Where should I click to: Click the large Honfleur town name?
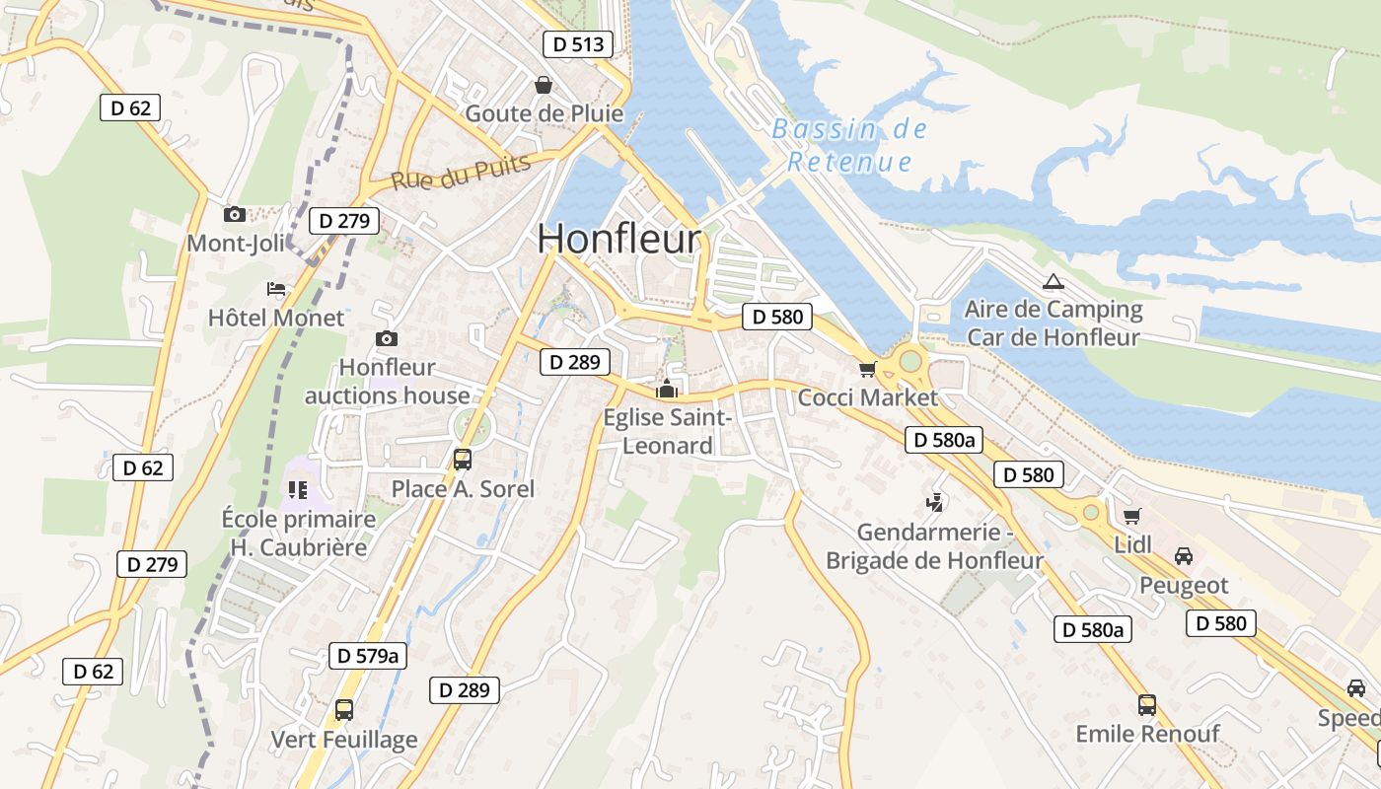(x=619, y=240)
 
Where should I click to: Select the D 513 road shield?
(x=578, y=44)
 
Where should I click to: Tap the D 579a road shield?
(x=367, y=656)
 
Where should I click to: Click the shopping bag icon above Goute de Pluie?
(x=543, y=86)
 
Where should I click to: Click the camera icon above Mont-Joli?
(x=234, y=214)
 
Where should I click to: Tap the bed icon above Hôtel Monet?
(x=276, y=289)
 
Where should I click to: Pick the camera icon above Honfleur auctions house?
(x=387, y=338)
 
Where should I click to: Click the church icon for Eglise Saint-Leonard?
(x=668, y=389)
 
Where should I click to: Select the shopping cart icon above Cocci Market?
(x=867, y=369)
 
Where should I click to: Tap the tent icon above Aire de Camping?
(x=1054, y=282)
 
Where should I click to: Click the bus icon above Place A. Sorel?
(x=462, y=459)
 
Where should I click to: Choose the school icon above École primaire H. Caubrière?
(x=298, y=489)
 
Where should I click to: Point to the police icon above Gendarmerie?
(x=934, y=503)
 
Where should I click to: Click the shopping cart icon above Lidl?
(x=1131, y=516)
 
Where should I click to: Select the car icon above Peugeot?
(x=1184, y=556)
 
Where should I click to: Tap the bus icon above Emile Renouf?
(x=1146, y=705)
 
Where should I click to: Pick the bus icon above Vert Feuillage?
(x=343, y=709)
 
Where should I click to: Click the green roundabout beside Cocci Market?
(x=909, y=362)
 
